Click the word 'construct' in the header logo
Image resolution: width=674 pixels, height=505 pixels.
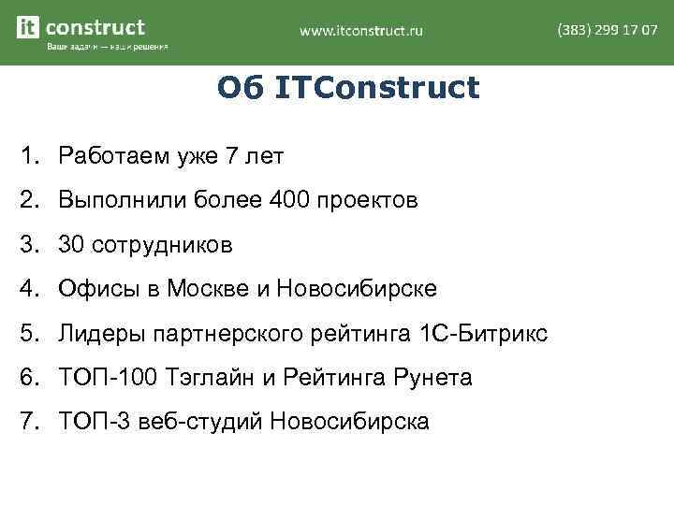point(95,27)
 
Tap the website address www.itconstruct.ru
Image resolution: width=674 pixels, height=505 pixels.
point(361,31)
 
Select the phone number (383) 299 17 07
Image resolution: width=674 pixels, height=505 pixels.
point(607,30)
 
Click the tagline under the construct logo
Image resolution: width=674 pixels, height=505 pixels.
point(108,48)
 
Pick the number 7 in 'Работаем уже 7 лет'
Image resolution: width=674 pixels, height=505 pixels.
point(232,155)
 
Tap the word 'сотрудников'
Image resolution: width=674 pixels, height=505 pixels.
point(159,245)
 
